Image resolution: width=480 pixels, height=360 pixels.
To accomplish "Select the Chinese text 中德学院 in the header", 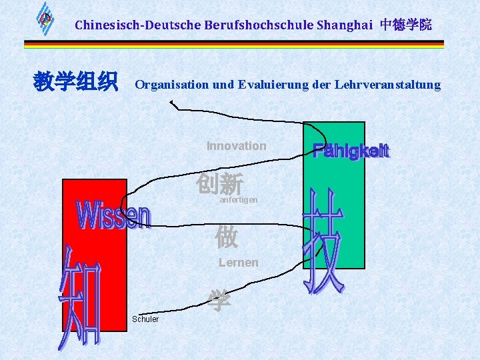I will click(406, 25).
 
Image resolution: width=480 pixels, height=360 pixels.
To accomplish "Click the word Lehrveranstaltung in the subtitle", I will click(387, 85).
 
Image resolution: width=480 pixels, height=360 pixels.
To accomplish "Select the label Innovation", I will click(236, 146).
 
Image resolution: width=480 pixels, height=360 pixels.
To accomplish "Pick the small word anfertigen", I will click(238, 200).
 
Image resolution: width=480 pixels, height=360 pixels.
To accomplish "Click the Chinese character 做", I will click(226, 237).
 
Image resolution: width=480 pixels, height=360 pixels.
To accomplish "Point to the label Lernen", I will click(238, 263).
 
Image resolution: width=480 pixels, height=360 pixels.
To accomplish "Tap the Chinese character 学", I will click(219, 301).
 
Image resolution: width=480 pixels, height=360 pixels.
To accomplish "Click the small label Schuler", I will click(145, 319).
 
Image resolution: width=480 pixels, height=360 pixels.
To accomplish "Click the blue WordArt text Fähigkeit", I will click(351, 151).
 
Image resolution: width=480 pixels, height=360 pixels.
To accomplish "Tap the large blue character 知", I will click(81, 300).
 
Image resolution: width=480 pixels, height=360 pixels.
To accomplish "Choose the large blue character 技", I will click(325, 241).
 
